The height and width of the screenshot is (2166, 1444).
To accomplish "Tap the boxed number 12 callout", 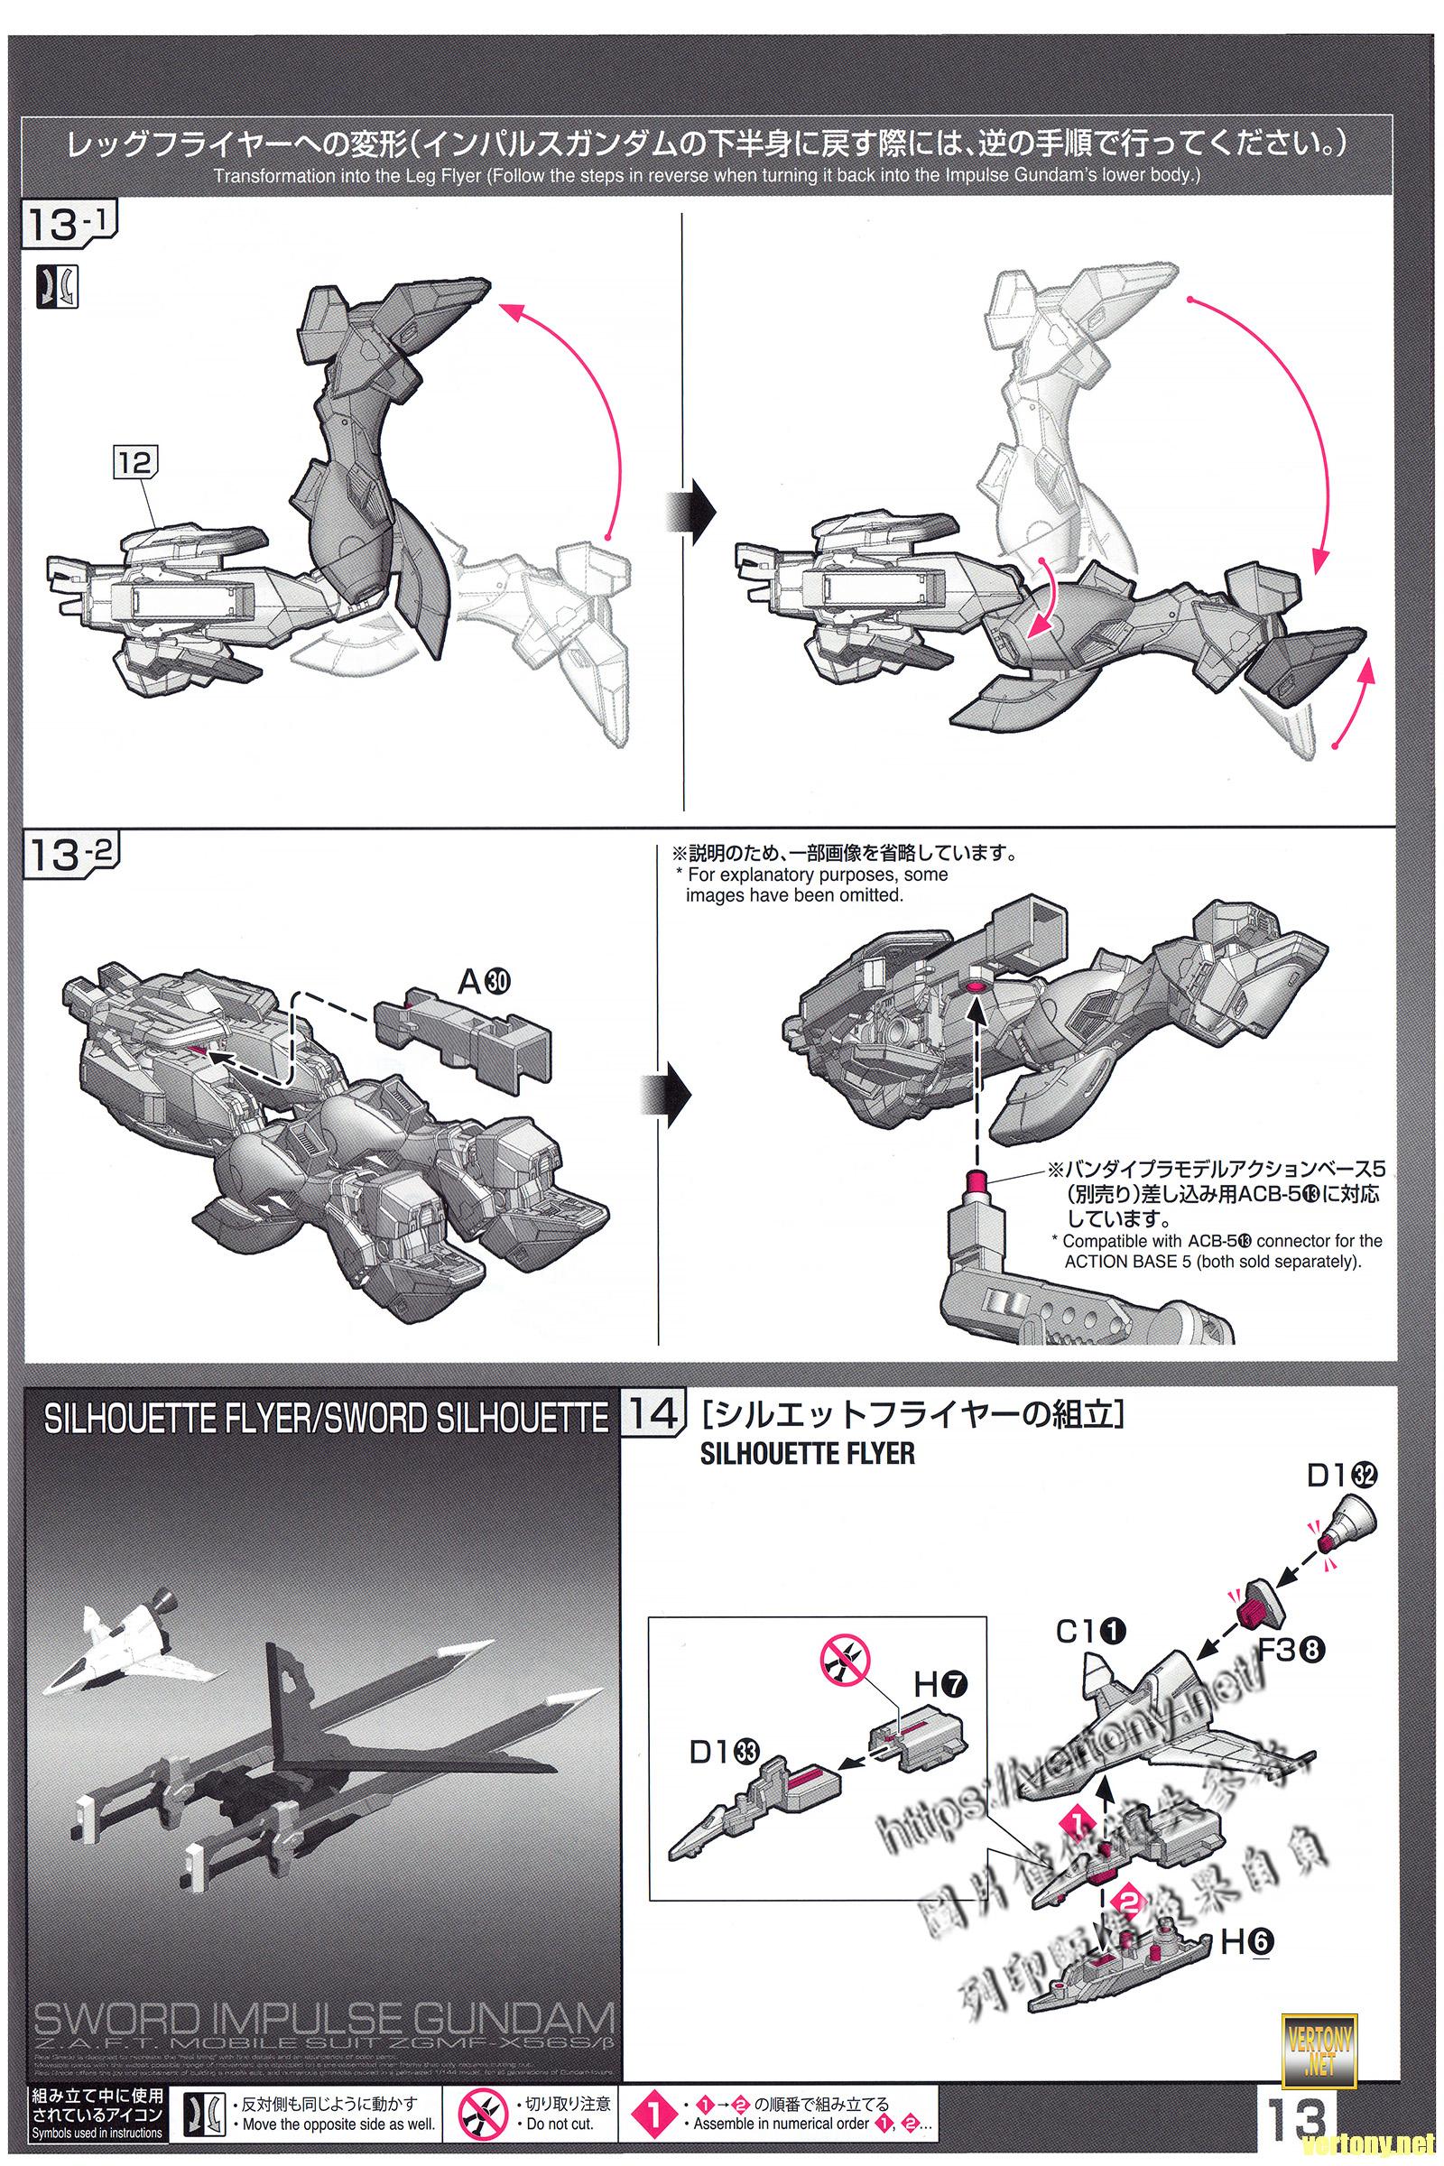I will pos(134,462).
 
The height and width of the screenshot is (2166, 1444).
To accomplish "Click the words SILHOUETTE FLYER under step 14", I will pos(808,1454).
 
